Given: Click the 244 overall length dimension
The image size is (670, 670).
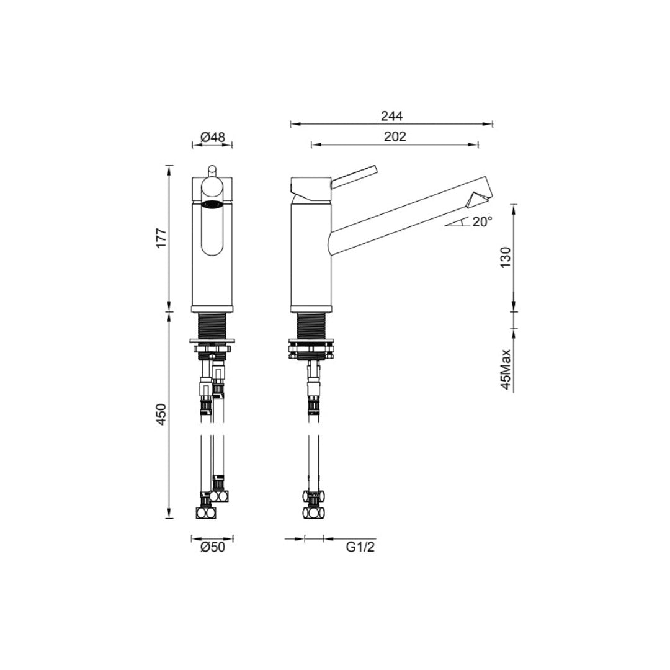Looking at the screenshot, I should coord(392,116).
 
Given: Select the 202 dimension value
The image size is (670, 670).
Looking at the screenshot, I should coord(395,137).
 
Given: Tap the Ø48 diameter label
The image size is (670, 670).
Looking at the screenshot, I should coord(212,137).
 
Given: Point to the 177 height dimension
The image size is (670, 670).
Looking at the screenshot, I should coord(161,238).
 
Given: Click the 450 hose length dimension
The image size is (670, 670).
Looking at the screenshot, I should coord(161,414).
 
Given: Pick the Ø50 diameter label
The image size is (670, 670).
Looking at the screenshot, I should coord(212,547).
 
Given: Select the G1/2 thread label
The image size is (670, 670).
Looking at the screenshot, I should coord(360,547).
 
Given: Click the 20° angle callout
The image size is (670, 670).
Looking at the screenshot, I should coord(481,221).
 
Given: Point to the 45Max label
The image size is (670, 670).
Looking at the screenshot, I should coord(506,369).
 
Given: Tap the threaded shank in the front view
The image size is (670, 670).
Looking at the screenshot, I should coord(212,325).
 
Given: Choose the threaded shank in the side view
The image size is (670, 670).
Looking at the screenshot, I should coord(313,325).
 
